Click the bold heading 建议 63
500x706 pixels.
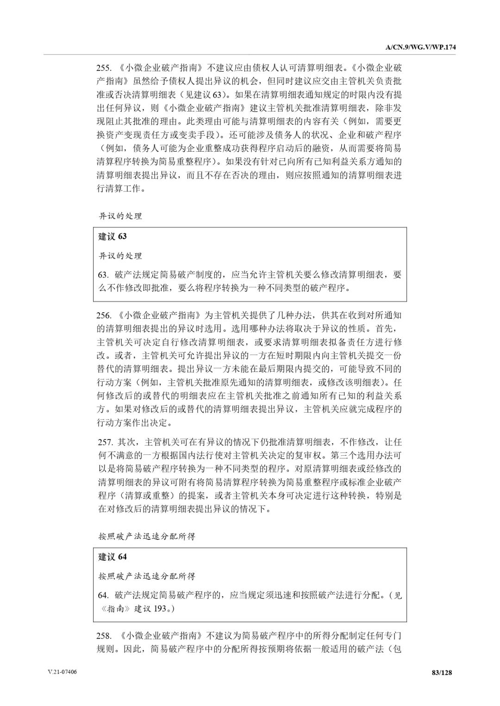click(x=112, y=236)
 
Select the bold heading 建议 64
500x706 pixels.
click(x=112, y=557)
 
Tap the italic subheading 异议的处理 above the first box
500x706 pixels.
click(x=120, y=216)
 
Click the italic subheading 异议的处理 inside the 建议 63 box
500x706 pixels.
click(x=120, y=256)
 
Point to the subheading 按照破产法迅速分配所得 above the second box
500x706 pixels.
click(x=147, y=536)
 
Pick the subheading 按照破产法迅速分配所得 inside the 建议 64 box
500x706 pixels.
click(x=147, y=576)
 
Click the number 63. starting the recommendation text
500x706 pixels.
click(x=103, y=275)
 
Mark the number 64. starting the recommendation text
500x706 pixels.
click(x=103, y=595)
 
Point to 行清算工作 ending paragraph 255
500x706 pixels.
click(x=118, y=189)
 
